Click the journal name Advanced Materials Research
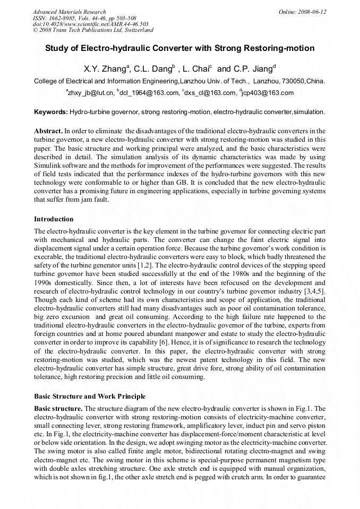(x=69, y=12)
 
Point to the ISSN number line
(x=84, y=18)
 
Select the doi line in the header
(x=90, y=24)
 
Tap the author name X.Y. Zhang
(x=105, y=69)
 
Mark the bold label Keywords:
(x=50, y=112)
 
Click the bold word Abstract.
(x=48, y=131)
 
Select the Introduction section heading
(x=54, y=219)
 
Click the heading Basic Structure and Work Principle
(x=90, y=396)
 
